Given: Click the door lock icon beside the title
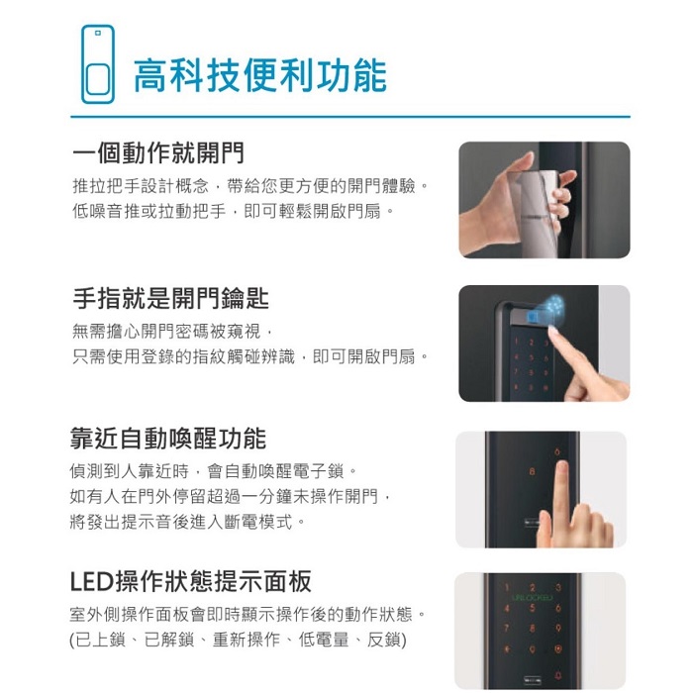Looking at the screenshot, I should [97, 64].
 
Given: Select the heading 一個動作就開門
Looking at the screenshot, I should [158, 153].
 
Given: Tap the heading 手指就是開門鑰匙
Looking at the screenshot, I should [171, 298].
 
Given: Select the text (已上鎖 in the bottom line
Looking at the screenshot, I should [99, 642].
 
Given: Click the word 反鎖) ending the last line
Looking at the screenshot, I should [382, 642].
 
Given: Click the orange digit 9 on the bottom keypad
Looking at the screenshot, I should [559, 628].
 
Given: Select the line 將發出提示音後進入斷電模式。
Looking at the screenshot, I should [188, 521].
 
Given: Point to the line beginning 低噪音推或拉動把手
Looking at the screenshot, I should [233, 212].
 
